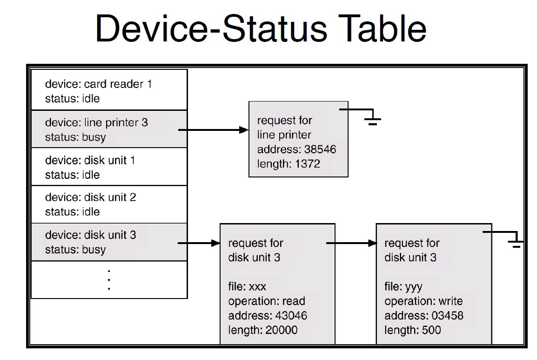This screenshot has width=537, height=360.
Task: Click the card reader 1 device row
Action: [x=109, y=91]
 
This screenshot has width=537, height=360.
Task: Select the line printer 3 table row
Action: [x=109, y=129]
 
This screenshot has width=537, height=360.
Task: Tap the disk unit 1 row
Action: [x=109, y=167]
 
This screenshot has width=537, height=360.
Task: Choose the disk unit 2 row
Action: [x=109, y=204]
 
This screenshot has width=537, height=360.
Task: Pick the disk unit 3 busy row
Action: [x=109, y=242]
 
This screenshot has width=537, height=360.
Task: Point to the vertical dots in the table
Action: [x=109, y=279]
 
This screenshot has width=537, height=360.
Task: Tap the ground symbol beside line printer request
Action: [x=372, y=118]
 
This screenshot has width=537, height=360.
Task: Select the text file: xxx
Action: [x=247, y=286]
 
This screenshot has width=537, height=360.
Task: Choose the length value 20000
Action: [x=281, y=330]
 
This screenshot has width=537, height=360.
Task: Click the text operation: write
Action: [x=423, y=301]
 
